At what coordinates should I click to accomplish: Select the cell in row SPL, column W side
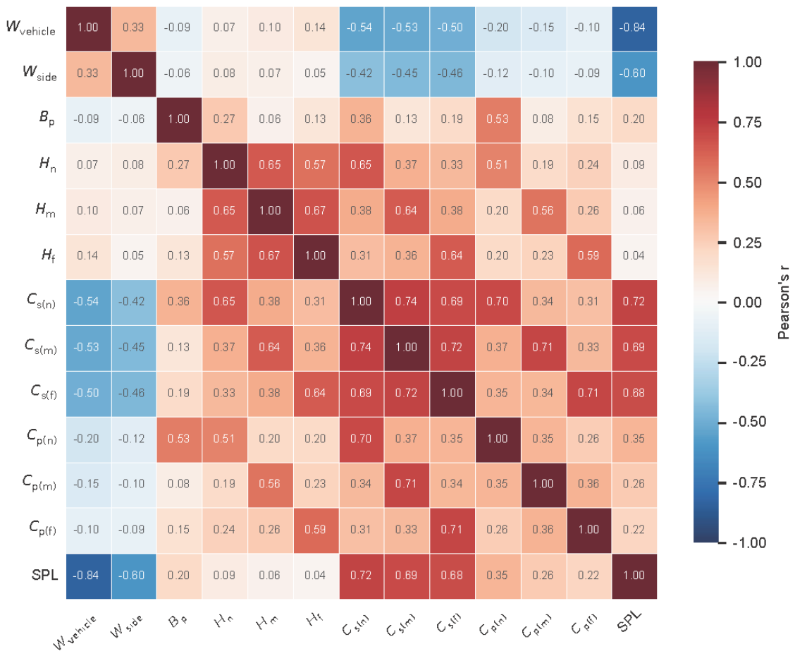[134, 576]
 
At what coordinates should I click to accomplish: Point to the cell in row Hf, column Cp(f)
[588, 257]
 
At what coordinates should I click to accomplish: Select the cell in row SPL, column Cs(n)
[361, 576]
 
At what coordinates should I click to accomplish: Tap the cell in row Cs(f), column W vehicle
[88, 394]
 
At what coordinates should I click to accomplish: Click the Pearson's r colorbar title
[783, 302]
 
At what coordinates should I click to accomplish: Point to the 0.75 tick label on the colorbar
[747, 123]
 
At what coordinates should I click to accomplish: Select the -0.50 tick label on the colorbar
[749, 422]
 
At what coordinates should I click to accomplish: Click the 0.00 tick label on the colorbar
[747, 303]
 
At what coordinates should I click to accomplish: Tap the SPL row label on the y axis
[44, 576]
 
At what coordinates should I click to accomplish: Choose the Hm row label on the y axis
[46, 209]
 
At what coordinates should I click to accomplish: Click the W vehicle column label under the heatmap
[75, 632]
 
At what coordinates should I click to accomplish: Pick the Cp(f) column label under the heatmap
[584, 624]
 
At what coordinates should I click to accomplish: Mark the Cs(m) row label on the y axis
[41, 347]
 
